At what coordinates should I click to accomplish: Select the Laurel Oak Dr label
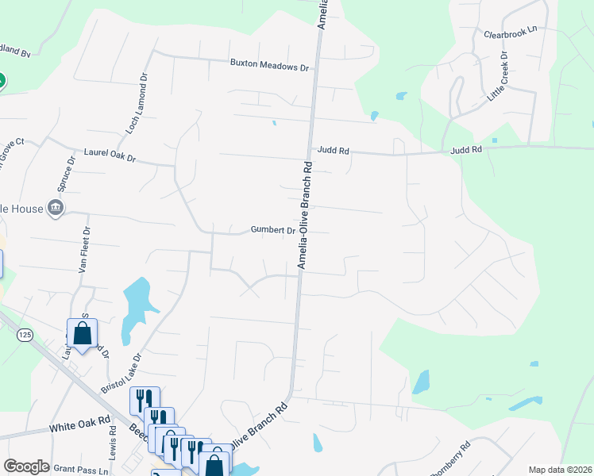(x=110, y=154)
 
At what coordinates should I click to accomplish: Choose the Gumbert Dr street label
(x=273, y=230)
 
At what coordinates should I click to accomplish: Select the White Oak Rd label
(x=80, y=426)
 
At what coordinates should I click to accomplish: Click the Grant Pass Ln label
(x=82, y=470)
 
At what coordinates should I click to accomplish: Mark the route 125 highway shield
(x=25, y=336)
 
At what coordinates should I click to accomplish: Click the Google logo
(x=26, y=466)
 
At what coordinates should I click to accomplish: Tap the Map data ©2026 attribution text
(x=560, y=470)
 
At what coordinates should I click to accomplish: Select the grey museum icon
(x=56, y=209)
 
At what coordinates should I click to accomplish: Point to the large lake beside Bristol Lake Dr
(x=137, y=301)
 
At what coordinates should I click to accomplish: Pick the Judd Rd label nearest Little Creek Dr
(x=465, y=149)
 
